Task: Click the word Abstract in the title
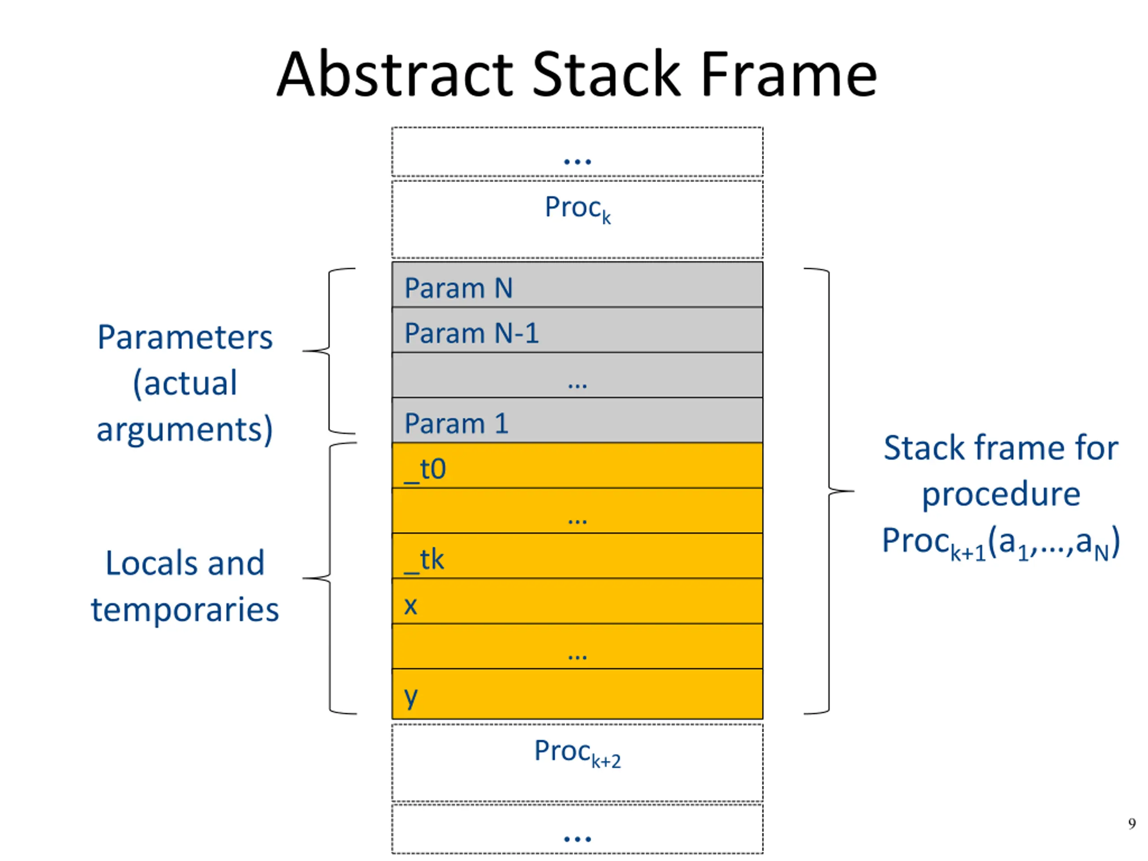pos(395,74)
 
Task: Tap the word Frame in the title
pos(788,74)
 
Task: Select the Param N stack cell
pos(577,284)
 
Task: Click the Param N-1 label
pos(471,333)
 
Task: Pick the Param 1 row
pos(577,420)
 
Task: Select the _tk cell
pos(577,556)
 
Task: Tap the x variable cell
pos(577,601)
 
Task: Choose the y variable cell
pos(577,694)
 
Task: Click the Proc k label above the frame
pos(578,209)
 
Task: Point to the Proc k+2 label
pos(578,753)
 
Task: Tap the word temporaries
pos(185,609)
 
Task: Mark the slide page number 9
pos(1132,823)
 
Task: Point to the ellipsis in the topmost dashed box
pos(577,161)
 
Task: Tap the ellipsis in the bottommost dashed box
pos(577,839)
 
